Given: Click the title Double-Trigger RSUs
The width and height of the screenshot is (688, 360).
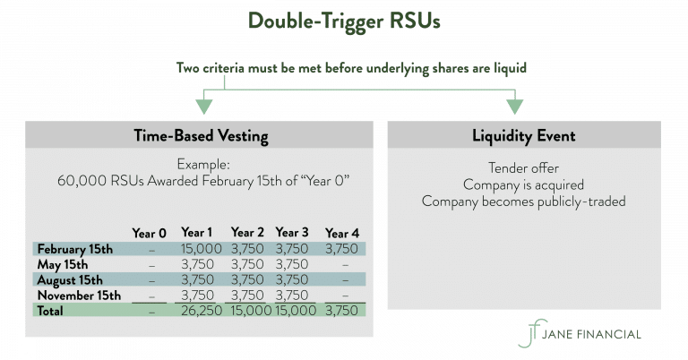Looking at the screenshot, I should (x=344, y=21).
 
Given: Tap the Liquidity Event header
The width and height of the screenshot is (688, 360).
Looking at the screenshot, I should (x=524, y=135).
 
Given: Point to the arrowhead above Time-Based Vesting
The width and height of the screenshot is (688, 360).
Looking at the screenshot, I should (x=204, y=106).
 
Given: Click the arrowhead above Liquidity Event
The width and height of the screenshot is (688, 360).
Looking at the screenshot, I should (x=514, y=106).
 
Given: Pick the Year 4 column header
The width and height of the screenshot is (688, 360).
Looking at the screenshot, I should (x=341, y=233).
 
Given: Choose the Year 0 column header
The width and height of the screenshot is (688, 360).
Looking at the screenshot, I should (x=150, y=233).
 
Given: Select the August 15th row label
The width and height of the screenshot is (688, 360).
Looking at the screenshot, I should (x=71, y=279).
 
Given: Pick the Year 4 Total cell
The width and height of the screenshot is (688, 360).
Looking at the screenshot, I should (x=341, y=310).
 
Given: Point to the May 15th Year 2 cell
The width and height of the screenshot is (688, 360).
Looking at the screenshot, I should (x=247, y=264).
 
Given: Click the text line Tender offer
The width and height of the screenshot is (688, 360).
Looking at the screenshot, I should (x=523, y=168).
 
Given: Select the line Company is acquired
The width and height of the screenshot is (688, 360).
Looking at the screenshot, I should (x=523, y=184).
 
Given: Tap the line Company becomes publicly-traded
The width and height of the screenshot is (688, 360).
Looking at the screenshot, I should (x=523, y=201).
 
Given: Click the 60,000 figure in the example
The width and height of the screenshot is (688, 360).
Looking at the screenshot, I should (x=80, y=181).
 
